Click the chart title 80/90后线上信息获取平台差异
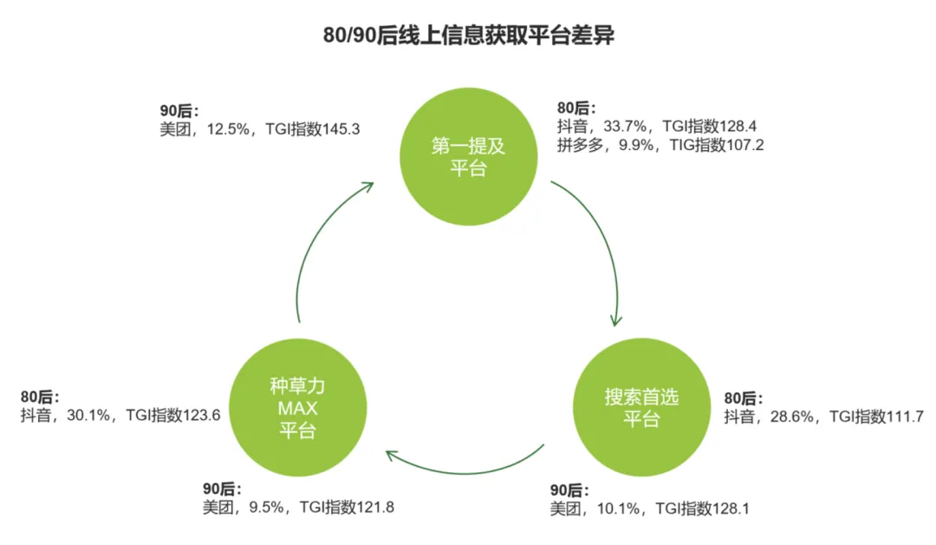pyautogui.click(x=468, y=37)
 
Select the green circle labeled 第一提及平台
pyautogui.click(x=468, y=157)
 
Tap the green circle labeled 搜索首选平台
pyautogui.click(x=641, y=408)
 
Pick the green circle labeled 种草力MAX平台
pyautogui.click(x=296, y=408)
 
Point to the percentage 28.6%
pyautogui.click(x=793, y=417)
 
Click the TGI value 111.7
pyautogui.click(x=896, y=417)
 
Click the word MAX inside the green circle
pyautogui.click(x=296, y=409)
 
